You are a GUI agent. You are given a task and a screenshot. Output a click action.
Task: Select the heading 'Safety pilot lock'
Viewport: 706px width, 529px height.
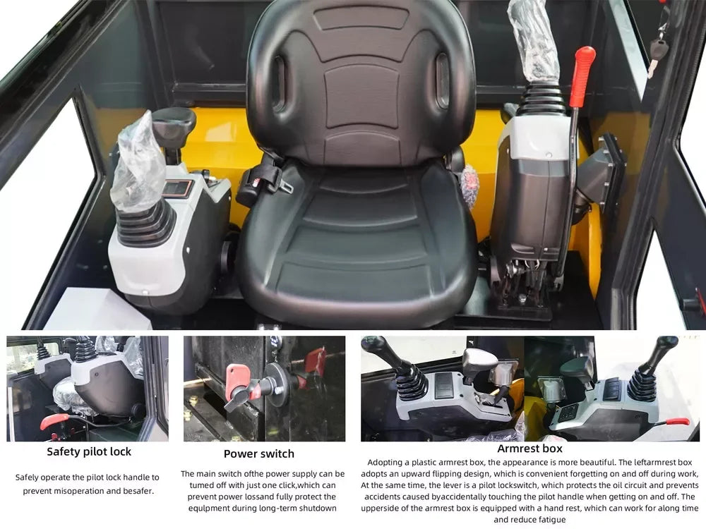[x=89, y=451]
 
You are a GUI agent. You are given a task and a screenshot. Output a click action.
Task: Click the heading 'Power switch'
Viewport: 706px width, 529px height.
[x=259, y=454]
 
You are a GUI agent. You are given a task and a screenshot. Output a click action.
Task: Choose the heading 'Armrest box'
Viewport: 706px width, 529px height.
[x=530, y=448]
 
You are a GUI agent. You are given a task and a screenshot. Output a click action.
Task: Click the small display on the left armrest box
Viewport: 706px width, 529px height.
[x=176, y=188]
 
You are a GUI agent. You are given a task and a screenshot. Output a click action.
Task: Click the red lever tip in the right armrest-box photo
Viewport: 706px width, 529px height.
[x=677, y=421]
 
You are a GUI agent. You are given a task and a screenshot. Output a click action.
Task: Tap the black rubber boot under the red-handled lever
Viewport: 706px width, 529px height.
[x=542, y=99]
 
